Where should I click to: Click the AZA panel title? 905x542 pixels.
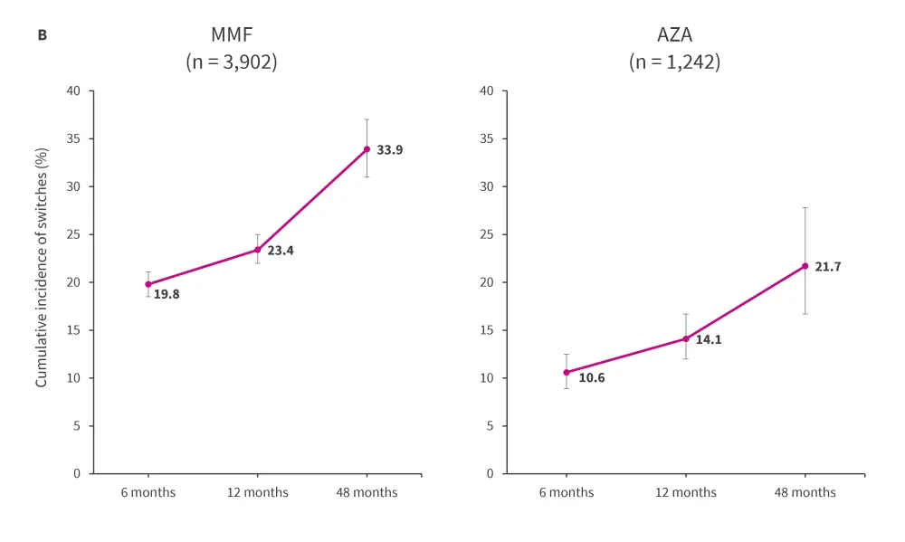point(674,36)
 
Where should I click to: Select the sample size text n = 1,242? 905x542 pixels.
point(674,63)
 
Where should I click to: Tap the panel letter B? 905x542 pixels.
point(42,35)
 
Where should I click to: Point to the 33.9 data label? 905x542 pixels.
point(389,150)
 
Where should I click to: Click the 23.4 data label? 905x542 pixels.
point(281,251)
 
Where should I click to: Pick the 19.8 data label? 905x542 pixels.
point(167,294)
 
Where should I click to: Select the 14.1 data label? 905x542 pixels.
point(709,340)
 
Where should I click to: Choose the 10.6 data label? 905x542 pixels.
point(592,378)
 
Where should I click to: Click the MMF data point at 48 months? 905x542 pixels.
point(367,149)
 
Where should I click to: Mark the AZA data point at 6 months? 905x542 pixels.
point(567,372)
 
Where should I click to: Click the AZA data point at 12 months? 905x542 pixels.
point(686,338)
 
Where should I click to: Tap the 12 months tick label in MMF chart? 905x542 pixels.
point(258,493)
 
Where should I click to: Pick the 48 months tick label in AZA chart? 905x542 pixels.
point(805,493)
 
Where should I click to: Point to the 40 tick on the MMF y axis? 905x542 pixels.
point(73,91)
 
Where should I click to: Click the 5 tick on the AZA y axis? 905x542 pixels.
point(489,426)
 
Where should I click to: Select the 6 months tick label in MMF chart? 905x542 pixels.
point(148,493)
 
